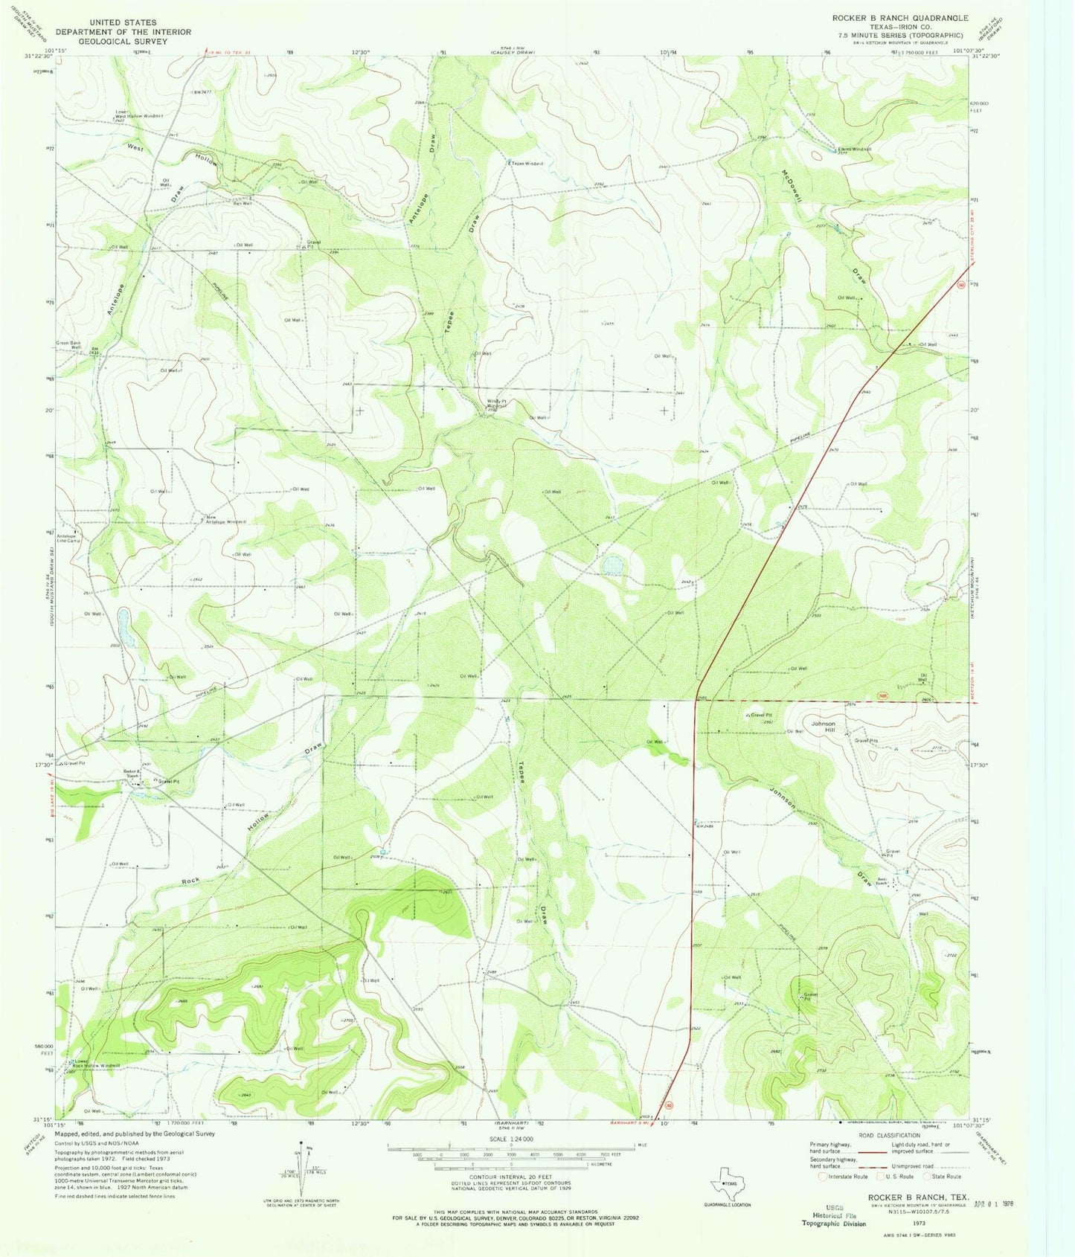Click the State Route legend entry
940,1177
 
